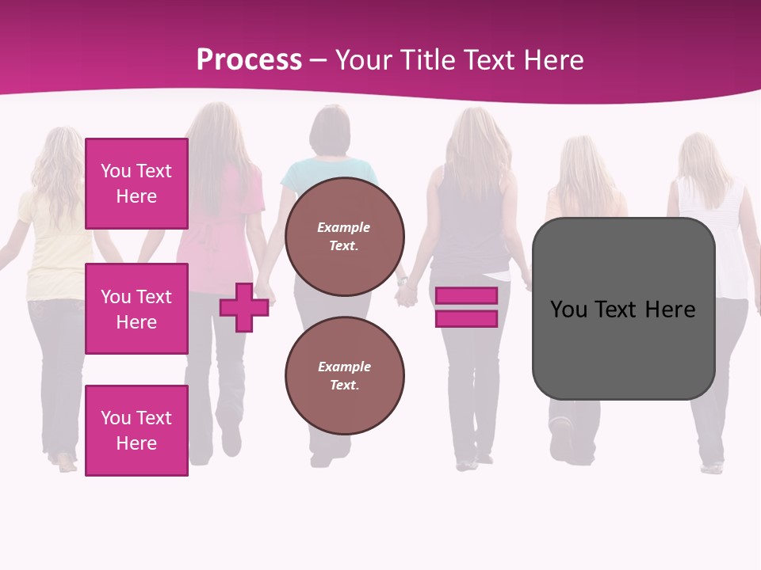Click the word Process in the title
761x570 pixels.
pyautogui.click(x=249, y=60)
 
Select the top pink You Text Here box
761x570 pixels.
pyautogui.click(x=136, y=184)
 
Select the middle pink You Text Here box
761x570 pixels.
pyautogui.click(x=136, y=309)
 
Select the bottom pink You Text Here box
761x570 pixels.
pyautogui.click(x=136, y=430)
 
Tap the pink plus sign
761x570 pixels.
pyautogui.click(x=244, y=307)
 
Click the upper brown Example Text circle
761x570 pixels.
pyautogui.click(x=344, y=237)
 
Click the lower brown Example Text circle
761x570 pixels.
pyautogui.click(x=344, y=375)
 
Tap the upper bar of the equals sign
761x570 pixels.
pyautogui.click(x=466, y=296)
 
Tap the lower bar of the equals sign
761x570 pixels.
pyautogui.click(x=466, y=319)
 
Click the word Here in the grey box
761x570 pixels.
pyautogui.click(x=670, y=309)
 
